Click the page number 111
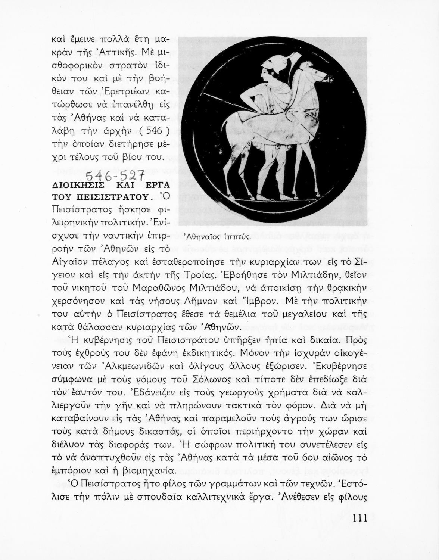[x=359, y=519]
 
